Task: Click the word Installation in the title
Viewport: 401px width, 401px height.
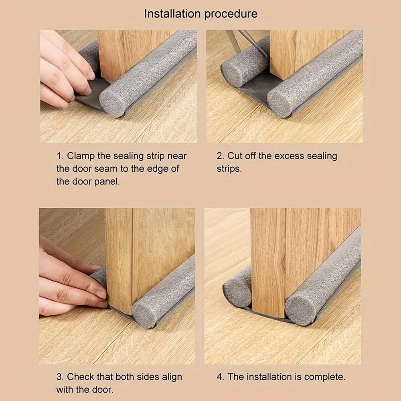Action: pos(172,14)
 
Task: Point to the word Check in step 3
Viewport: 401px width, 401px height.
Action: pos(82,377)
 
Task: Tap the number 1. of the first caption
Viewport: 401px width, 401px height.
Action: pos(60,156)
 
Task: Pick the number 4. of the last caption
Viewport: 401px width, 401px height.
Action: pos(221,377)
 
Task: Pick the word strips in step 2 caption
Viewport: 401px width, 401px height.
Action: pos(229,168)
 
